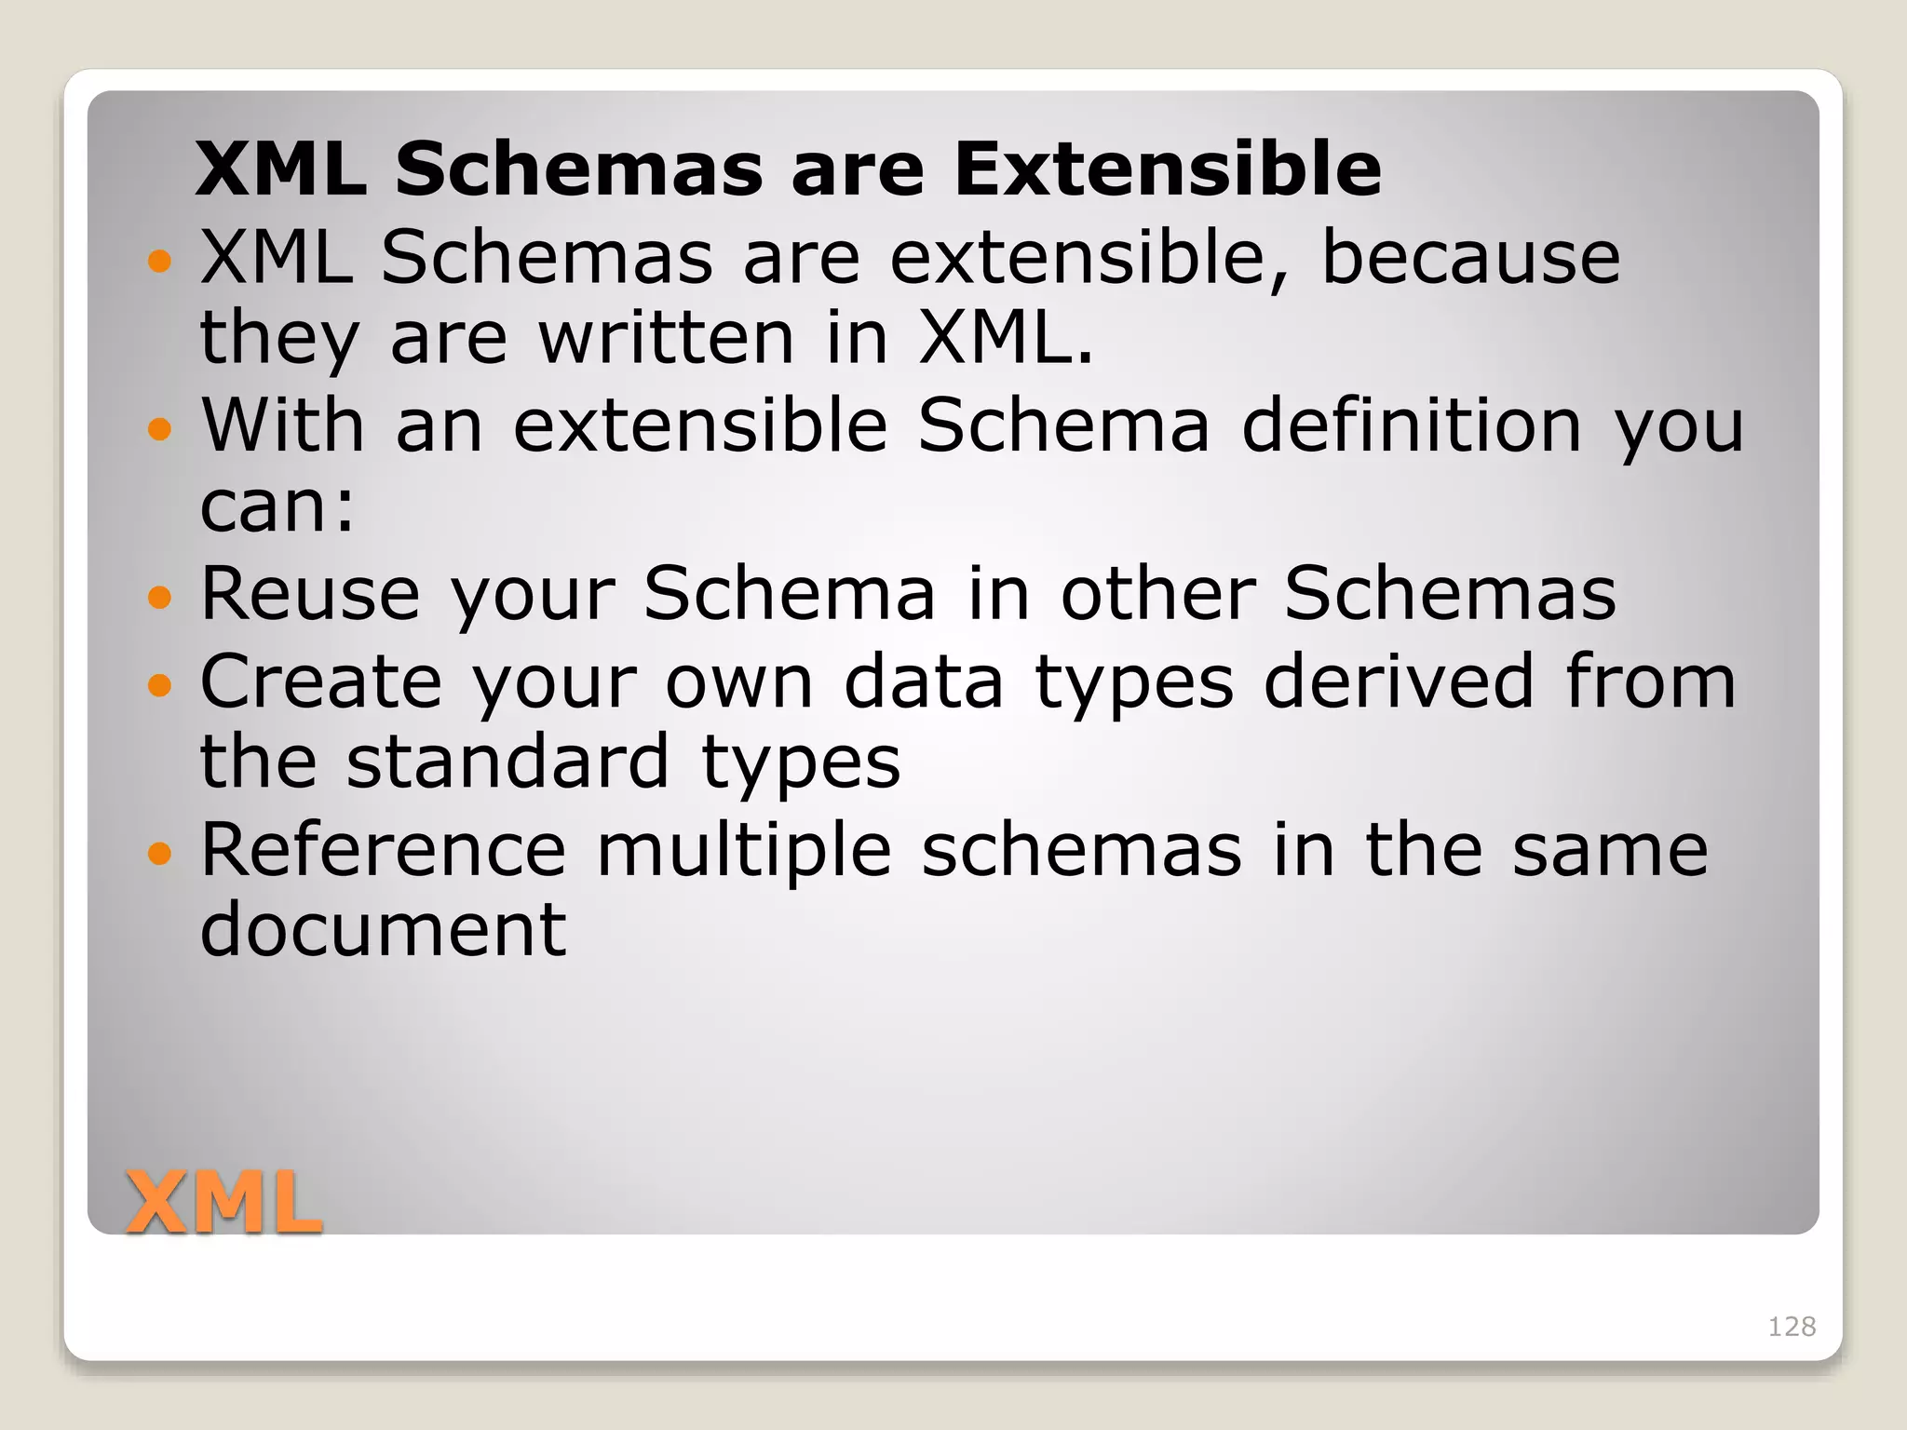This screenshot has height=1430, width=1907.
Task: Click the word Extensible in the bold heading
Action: pos(1168,169)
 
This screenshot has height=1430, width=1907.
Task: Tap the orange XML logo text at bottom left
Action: pos(223,1203)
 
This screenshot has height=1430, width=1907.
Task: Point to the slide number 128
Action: pos(1792,1327)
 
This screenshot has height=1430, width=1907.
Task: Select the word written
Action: pos(667,337)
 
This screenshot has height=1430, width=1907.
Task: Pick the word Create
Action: pos(321,681)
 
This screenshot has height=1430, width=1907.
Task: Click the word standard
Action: pos(507,762)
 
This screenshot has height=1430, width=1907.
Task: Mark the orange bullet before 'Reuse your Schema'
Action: pos(160,596)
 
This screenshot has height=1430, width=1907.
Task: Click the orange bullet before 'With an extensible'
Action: pos(160,428)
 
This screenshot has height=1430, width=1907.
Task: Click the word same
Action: pos(1610,851)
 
